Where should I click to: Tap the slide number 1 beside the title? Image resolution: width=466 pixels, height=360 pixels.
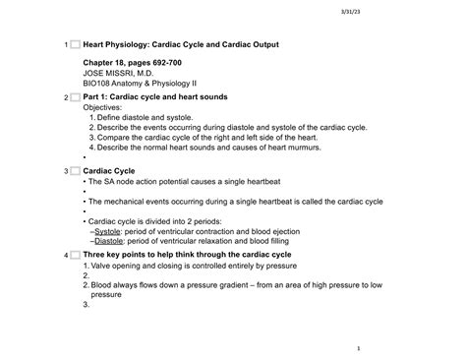[x=63, y=45]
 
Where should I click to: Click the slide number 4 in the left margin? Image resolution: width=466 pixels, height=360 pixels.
[x=63, y=256]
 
